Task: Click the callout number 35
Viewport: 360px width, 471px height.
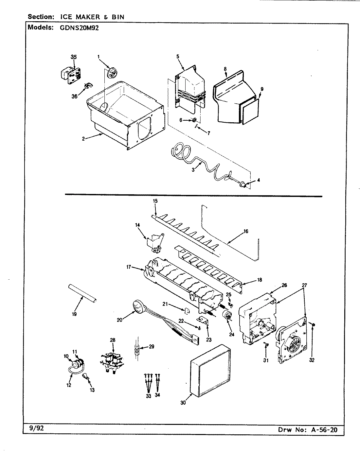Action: coord(74,57)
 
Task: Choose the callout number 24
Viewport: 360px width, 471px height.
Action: coord(232,334)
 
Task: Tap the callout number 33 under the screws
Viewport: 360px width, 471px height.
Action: coord(148,396)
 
